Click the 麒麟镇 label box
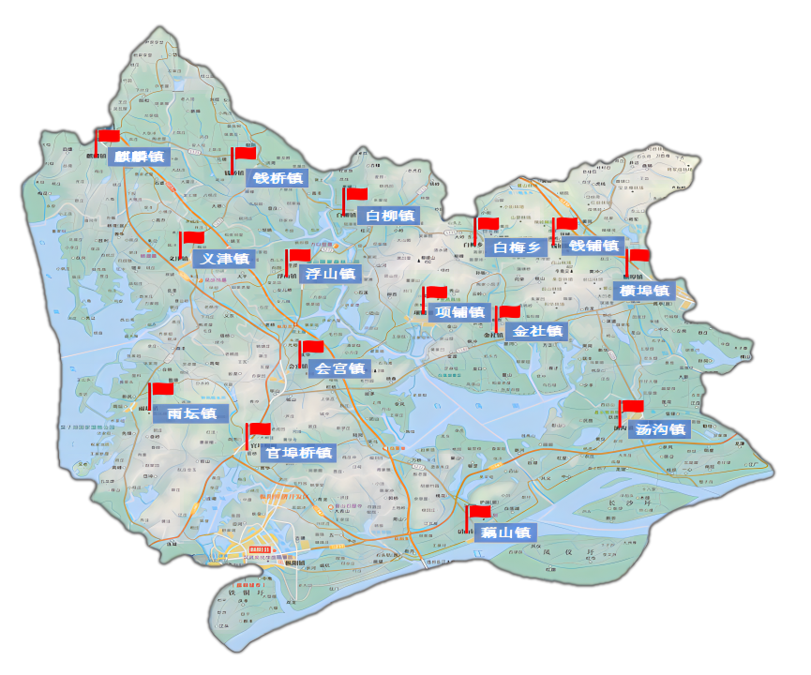coord(136,157)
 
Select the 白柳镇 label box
coord(387,216)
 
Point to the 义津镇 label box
coord(223,259)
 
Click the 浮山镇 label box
coord(330,274)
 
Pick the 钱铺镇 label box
coord(594,246)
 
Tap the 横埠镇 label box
coord(643,291)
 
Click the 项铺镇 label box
coord(459,312)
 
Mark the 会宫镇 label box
coord(338,368)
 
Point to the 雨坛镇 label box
coord(192,413)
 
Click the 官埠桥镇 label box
coord(298,453)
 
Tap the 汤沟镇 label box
coord(660,430)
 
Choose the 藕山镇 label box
coord(505,532)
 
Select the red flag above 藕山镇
coord(479,512)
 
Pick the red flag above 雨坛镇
coord(162,388)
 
